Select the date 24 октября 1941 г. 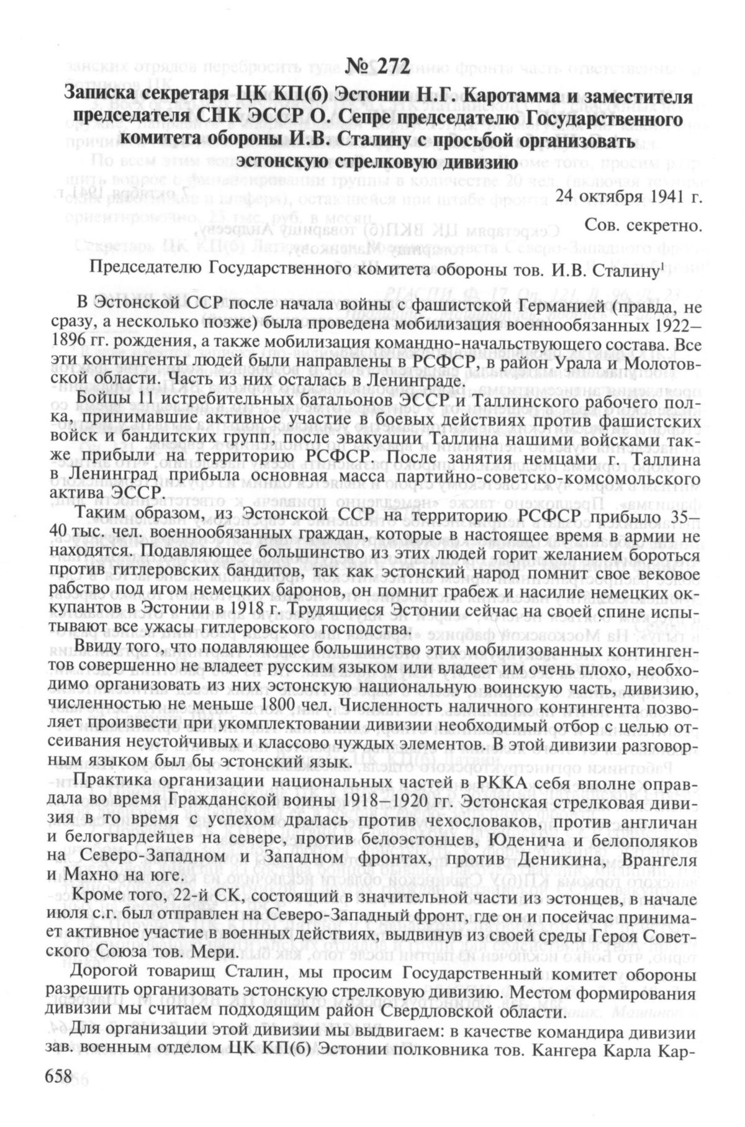pos(629,196)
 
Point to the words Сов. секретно pos(644,227)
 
